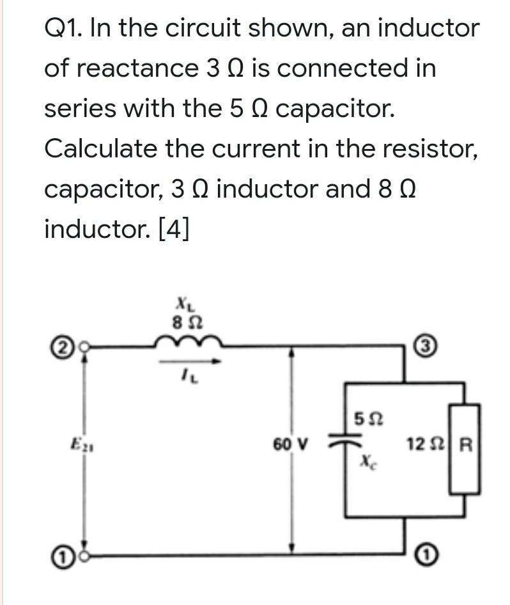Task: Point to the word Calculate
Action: point(100,149)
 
